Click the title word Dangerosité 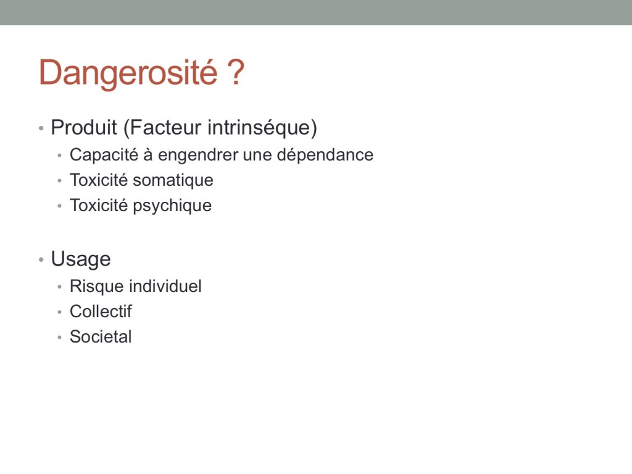coord(128,73)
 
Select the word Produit coord(84,127)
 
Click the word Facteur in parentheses coord(162,128)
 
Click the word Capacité coord(104,155)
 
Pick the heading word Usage coord(81,259)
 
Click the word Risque coord(97,286)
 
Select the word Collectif coord(101,312)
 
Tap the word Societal coord(101,337)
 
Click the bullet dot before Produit coord(41,128)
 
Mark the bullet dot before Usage coord(41,260)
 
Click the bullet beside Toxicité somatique coord(60,181)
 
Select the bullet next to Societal coord(60,338)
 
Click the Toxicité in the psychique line coord(99,206)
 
